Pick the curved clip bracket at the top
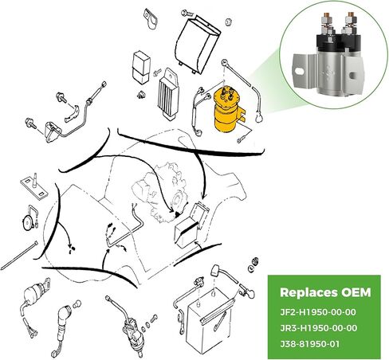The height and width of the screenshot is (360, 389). point(149,17)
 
